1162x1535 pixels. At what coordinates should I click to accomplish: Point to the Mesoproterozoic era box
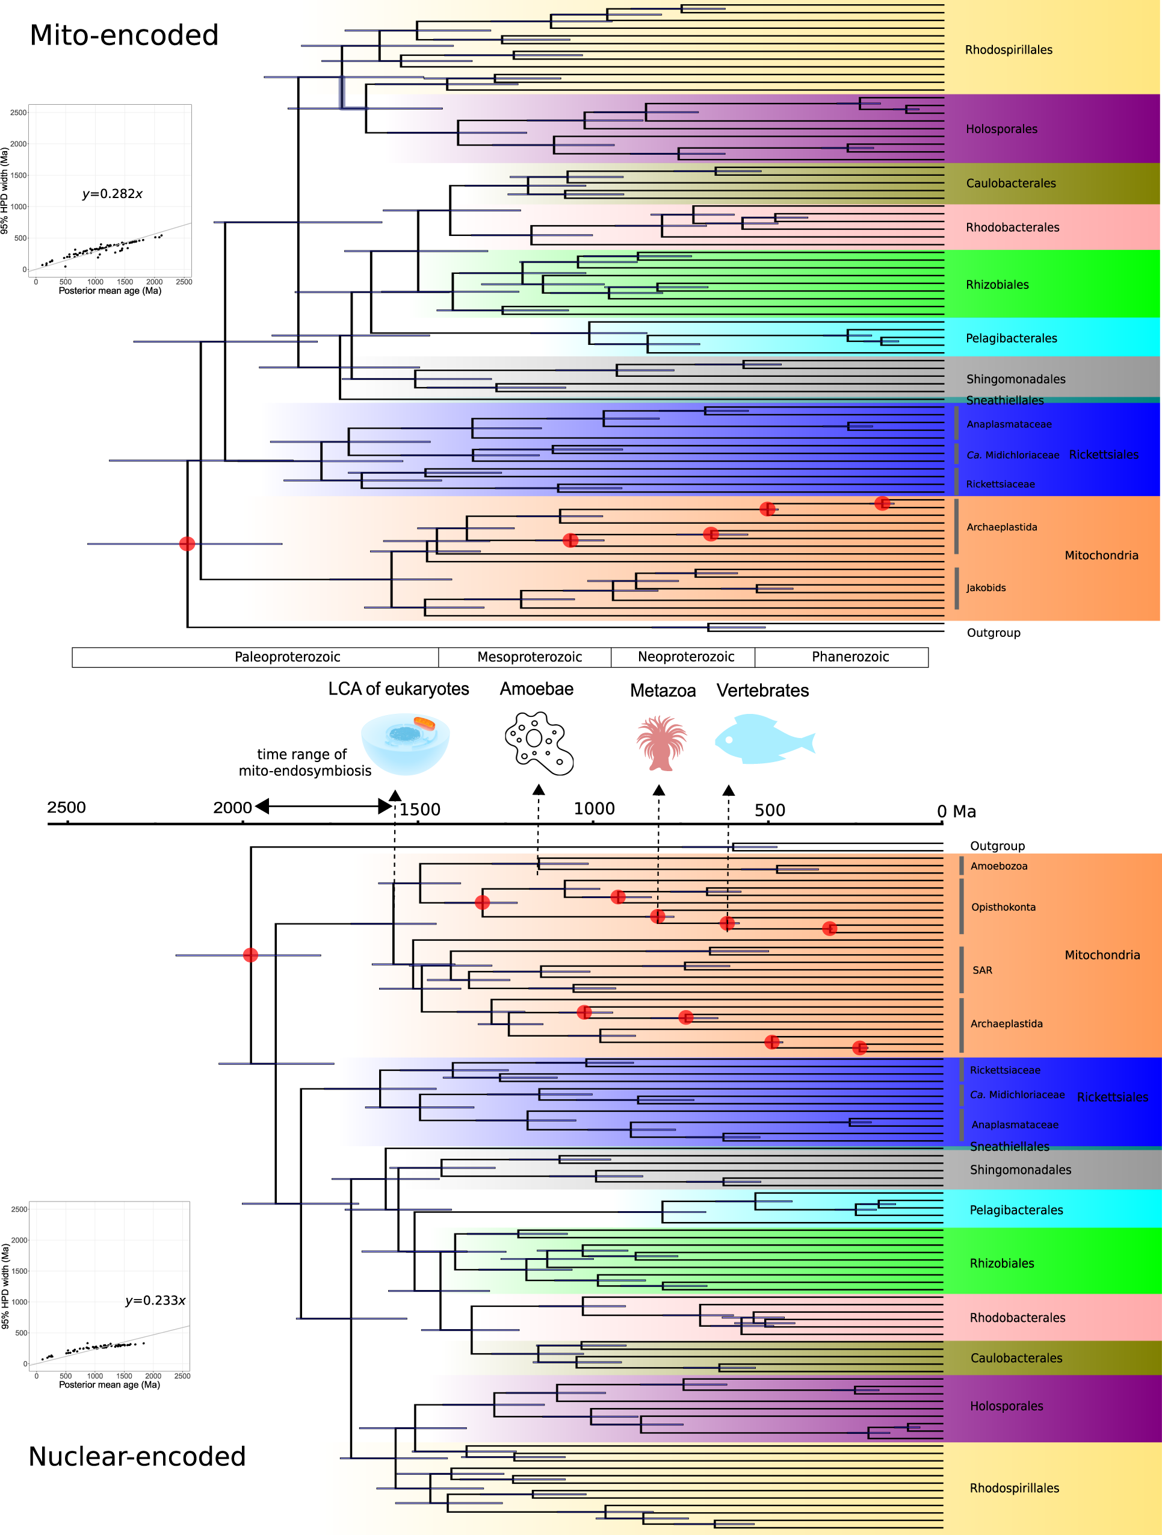click(x=530, y=657)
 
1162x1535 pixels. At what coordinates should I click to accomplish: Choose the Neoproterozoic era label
click(x=685, y=657)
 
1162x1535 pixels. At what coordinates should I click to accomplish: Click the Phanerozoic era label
click(x=850, y=657)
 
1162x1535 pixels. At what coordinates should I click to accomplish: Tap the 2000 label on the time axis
click(x=232, y=808)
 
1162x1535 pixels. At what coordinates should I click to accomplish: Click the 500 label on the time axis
click(x=769, y=810)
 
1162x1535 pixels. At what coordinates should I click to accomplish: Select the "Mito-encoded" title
click(x=124, y=36)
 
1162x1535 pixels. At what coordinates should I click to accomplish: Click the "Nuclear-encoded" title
click(x=137, y=1457)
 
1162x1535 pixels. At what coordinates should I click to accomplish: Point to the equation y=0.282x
click(x=113, y=194)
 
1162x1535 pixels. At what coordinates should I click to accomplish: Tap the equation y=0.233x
click(x=155, y=1300)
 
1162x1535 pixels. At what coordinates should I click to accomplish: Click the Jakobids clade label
click(x=986, y=588)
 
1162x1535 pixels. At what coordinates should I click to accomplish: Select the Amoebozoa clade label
click(x=998, y=866)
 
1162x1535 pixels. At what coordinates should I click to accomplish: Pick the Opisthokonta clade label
click(x=1003, y=907)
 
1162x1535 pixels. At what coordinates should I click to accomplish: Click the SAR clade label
click(x=982, y=970)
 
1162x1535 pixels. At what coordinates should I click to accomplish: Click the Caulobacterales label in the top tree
click(x=1011, y=183)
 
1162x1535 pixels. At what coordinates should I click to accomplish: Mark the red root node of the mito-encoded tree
click(x=187, y=544)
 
